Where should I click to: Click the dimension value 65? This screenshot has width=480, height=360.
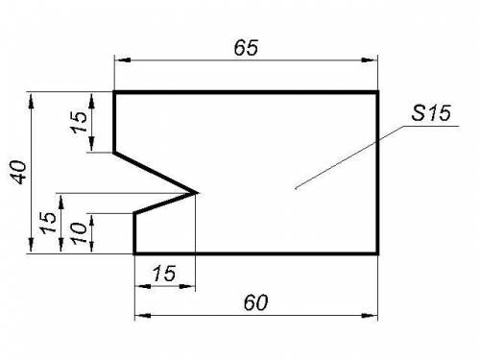[246, 48]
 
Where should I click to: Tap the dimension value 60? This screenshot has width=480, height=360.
[255, 302]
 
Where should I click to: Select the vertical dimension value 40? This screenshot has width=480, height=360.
[19, 173]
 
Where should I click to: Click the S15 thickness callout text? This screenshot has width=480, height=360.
[431, 113]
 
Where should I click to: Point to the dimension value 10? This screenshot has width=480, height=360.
[79, 233]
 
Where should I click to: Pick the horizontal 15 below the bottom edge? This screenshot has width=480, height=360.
[164, 274]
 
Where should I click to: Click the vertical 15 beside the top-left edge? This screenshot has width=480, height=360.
[79, 122]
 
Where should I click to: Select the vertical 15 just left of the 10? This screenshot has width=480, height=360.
[48, 223]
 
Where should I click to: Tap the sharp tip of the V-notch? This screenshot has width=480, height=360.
[196, 193]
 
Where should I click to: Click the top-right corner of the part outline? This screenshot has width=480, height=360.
[378, 92]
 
